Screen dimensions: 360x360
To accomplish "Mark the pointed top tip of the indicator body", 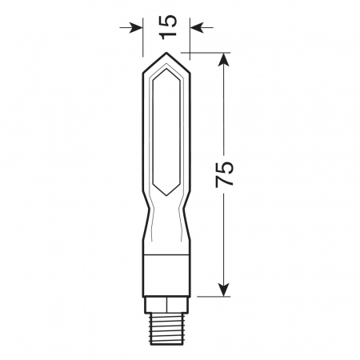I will point(166,55).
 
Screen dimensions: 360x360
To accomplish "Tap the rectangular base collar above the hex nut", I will point(166,275).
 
